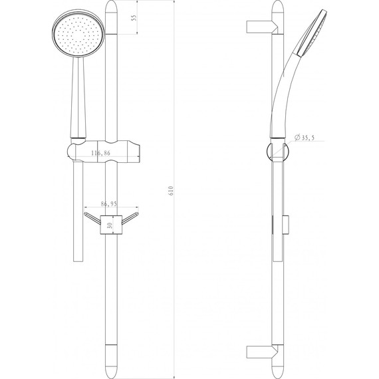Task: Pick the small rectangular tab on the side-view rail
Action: (x=287, y=225)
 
